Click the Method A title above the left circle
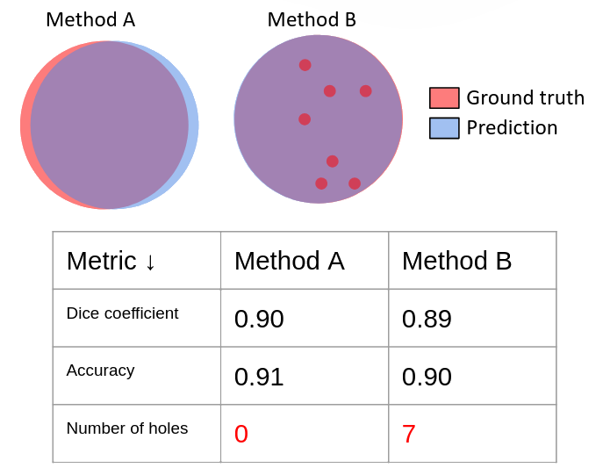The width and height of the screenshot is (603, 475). [x=90, y=19]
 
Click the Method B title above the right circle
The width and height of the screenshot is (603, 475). [x=312, y=19]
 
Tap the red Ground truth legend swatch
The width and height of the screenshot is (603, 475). [x=444, y=97]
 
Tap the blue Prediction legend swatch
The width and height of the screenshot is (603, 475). [x=444, y=127]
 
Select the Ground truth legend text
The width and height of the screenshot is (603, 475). [x=525, y=97]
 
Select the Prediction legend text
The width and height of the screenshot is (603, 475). [x=512, y=127]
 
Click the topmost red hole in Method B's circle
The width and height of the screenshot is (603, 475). [x=305, y=65]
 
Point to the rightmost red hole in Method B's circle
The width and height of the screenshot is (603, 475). [x=366, y=91]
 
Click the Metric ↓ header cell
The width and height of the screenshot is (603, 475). [x=111, y=261]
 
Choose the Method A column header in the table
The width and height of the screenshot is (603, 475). [x=290, y=261]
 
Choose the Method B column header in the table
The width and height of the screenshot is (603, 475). [x=457, y=261]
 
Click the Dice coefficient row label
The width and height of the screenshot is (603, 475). [x=122, y=313]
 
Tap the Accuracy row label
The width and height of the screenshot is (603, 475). [x=100, y=371]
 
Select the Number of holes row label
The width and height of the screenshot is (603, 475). [x=127, y=428]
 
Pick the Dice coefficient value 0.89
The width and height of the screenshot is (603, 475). [x=427, y=319]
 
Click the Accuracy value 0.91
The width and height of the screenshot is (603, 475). [x=259, y=377]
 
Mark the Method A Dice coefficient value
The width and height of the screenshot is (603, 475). [x=259, y=319]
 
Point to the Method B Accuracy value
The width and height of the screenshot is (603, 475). [x=427, y=377]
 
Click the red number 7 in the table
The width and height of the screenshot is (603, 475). [x=409, y=434]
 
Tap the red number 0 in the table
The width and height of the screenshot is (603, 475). [x=241, y=434]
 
